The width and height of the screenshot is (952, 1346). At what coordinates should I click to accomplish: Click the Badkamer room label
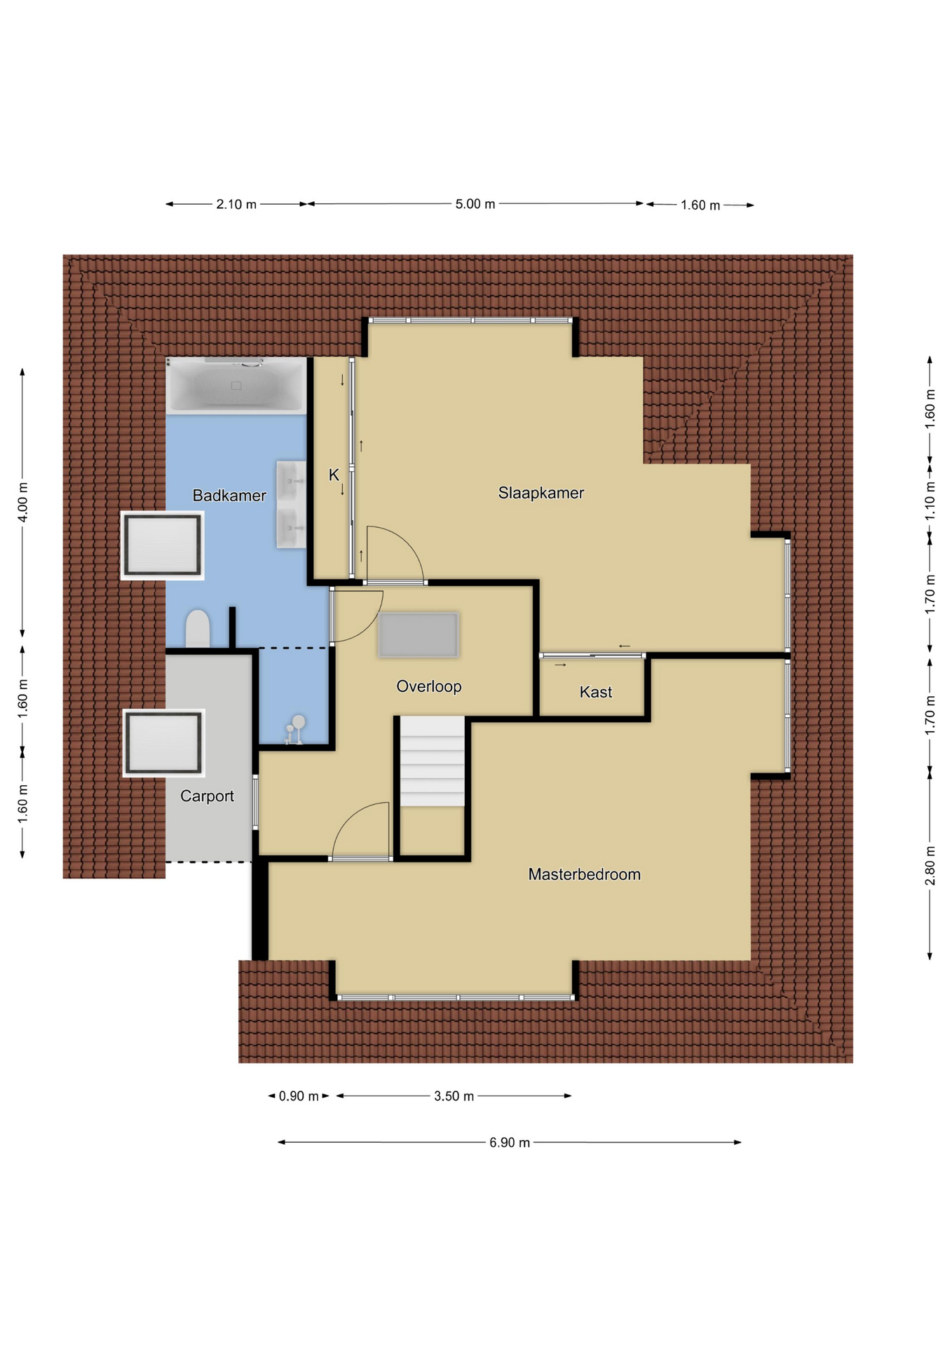pos(229,496)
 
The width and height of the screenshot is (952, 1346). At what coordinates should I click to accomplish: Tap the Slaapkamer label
pos(540,493)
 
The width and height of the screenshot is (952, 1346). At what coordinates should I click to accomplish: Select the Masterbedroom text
pos(584,874)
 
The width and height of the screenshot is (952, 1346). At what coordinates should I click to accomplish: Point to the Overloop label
pos(428,686)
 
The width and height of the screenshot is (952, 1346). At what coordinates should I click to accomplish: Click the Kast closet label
pos(595,692)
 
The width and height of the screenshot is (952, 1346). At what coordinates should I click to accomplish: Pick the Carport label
pos(207,796)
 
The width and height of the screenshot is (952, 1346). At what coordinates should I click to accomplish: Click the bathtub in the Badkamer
pos(236,385)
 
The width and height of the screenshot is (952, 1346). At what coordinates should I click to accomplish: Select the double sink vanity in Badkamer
pos(291,504)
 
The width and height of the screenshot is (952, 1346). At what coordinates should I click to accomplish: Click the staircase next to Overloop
pos(433,761)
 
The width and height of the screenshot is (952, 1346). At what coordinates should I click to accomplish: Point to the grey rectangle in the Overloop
pos(419,635)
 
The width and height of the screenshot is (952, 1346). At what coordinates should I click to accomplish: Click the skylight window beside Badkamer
pos(163,545)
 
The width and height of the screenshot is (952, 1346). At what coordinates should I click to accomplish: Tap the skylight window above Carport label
pos(164,743)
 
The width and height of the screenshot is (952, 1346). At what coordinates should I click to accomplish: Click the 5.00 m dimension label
pos(475,204)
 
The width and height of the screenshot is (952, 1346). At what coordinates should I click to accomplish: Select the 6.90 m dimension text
pos(510,1142)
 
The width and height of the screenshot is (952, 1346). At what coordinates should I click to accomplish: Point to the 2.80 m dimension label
pos(930,866)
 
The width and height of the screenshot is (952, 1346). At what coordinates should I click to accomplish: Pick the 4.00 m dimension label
pos(23,502)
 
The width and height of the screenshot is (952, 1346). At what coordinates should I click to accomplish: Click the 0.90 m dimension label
pos(299,1096)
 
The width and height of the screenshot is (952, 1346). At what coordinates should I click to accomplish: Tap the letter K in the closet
pos(334,475)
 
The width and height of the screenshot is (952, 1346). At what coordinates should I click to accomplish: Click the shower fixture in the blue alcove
pos(295,729)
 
